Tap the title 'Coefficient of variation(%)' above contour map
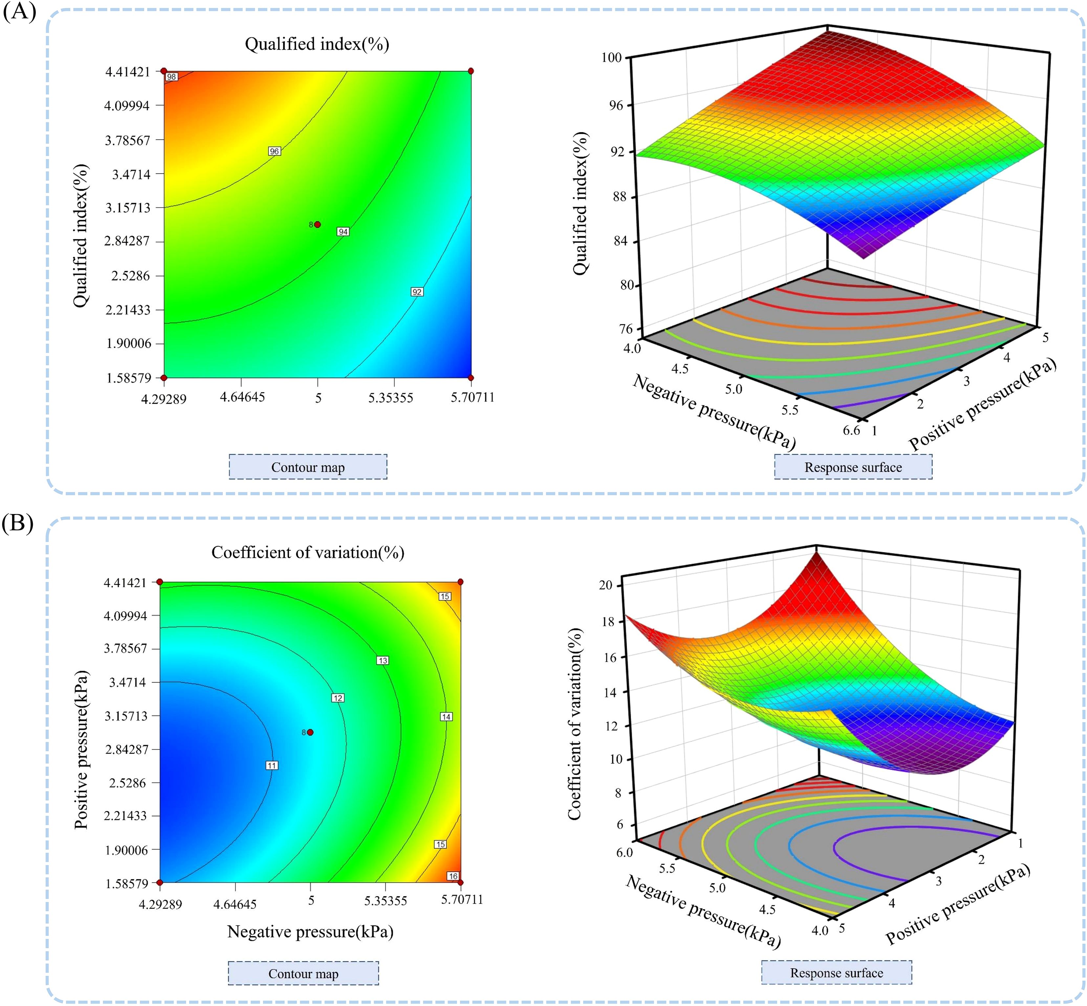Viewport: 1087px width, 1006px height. [x=308, y=552]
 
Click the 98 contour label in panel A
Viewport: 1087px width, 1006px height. [x=172, y=77]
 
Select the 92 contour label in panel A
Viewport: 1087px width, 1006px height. [x=417, y=292]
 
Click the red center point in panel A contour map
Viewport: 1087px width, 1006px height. [x=317, y=224]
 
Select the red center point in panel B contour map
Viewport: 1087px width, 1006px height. [x=310, y=732]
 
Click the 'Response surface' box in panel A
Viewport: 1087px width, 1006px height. [x=853, y=467]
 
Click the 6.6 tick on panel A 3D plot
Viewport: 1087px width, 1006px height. [x=851, y=430]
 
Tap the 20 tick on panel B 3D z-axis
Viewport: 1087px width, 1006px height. [x=606, y=585]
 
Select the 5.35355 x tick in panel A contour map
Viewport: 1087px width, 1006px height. [x=390, y=397]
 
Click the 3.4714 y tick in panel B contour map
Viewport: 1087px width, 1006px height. [x=127, y=682]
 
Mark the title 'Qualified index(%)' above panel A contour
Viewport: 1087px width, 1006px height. [x=317, y=44]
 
